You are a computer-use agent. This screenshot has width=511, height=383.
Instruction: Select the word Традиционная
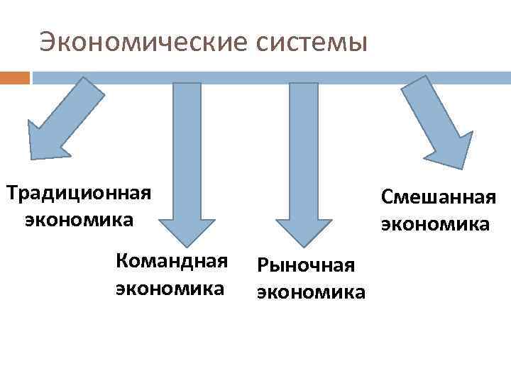(78, 194)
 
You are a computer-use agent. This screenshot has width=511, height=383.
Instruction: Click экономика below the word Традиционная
(78, 219)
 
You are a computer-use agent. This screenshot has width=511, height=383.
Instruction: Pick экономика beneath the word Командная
(170, 289)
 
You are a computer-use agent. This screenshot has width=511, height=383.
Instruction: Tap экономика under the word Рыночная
(311, 292)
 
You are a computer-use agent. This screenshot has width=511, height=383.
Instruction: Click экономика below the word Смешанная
(435, 224)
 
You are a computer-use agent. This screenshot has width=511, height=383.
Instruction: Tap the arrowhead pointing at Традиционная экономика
(46, 138)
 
